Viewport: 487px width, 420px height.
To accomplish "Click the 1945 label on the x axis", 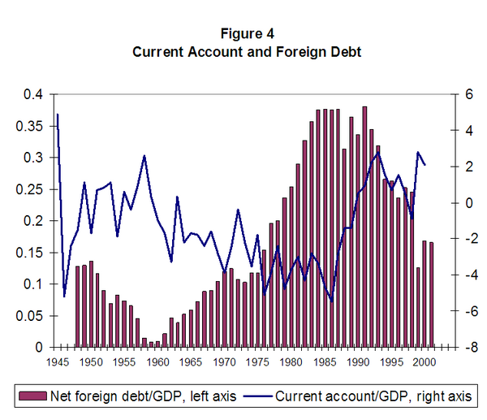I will pyautogui.click(x=58, y=362).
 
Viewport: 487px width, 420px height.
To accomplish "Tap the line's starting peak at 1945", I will pyautogui.click(x=58, y=115).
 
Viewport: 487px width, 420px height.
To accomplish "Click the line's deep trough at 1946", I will pyautogui.click(x=64, y=297).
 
